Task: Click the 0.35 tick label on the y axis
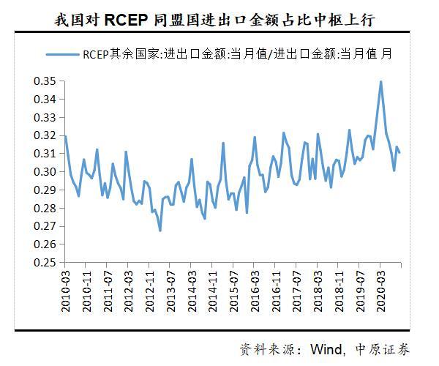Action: point(45,81)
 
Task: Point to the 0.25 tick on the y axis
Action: point(45,263)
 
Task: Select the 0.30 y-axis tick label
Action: point(45,172)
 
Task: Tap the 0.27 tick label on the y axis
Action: point(45,226)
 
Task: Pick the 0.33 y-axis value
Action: point(45,117)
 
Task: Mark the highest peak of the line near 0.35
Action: point(380,81)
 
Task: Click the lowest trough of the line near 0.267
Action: point(160,231)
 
